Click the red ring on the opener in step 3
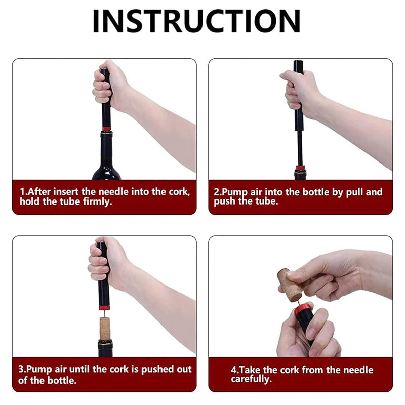[104, 307]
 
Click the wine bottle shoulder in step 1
[106, 170]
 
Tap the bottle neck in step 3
[105, 348]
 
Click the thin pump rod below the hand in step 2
[300, 147]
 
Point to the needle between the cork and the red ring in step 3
[105, 314]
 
